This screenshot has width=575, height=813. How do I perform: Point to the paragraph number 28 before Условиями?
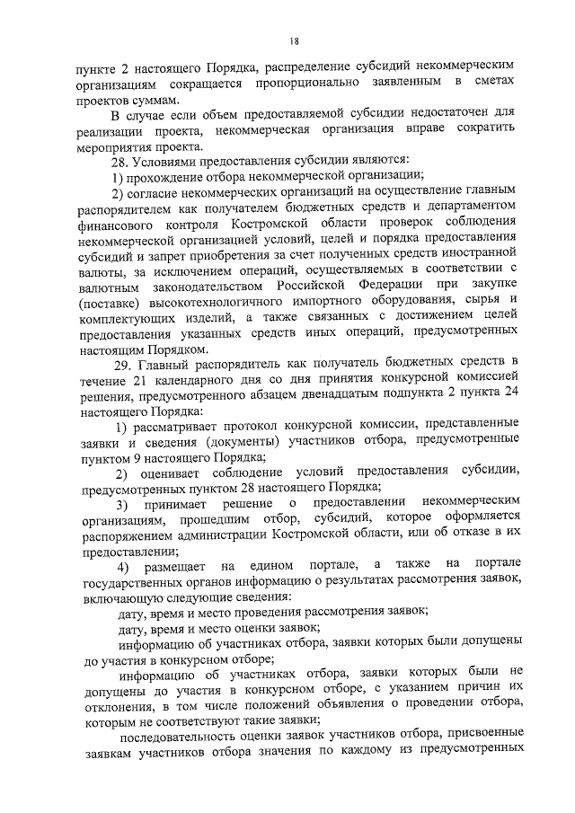tap(119, 161)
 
